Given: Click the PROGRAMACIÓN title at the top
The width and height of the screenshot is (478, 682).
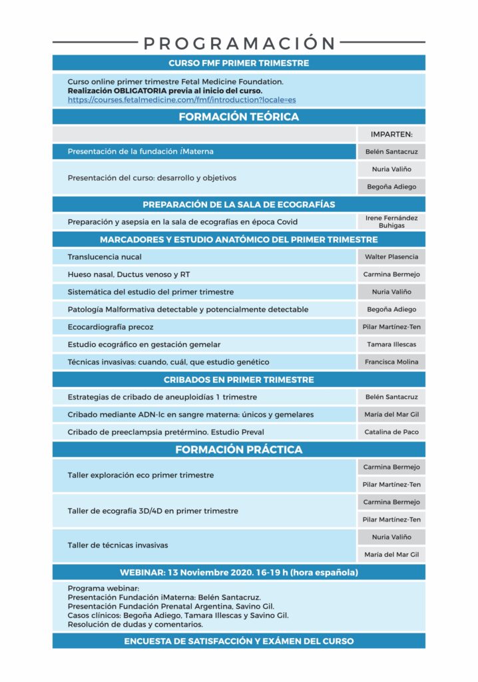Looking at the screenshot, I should coord(239,43).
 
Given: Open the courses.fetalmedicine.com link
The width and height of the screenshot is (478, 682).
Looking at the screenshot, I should coord(181,99).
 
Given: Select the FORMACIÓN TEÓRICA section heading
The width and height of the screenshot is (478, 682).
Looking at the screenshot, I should coord(239,117).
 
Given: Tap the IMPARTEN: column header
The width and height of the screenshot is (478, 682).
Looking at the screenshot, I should coord(391,134).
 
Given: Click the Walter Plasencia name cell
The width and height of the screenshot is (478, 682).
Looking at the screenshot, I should coord(391,257).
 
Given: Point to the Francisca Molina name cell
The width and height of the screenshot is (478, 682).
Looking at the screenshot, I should coord(391,362).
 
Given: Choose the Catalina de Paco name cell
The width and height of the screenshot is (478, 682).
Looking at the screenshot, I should coord(391,432).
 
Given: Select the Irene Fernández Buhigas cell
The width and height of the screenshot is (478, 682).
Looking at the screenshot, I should coord(391,222).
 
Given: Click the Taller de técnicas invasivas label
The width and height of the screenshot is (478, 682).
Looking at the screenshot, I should coord(118,545).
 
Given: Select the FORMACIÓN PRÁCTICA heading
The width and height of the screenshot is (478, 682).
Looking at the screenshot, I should coord(239,450).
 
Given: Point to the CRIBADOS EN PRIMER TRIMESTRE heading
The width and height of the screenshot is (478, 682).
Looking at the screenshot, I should coord(239,380).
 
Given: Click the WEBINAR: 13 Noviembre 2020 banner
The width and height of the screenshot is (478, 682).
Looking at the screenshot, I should coord(239,572).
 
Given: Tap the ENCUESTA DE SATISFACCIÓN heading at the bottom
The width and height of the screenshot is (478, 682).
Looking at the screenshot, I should coord(239,641).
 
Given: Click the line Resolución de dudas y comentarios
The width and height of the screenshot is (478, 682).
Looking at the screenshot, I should coord(135,625).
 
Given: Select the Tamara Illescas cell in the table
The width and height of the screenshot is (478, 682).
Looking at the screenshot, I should coord(391,344).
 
